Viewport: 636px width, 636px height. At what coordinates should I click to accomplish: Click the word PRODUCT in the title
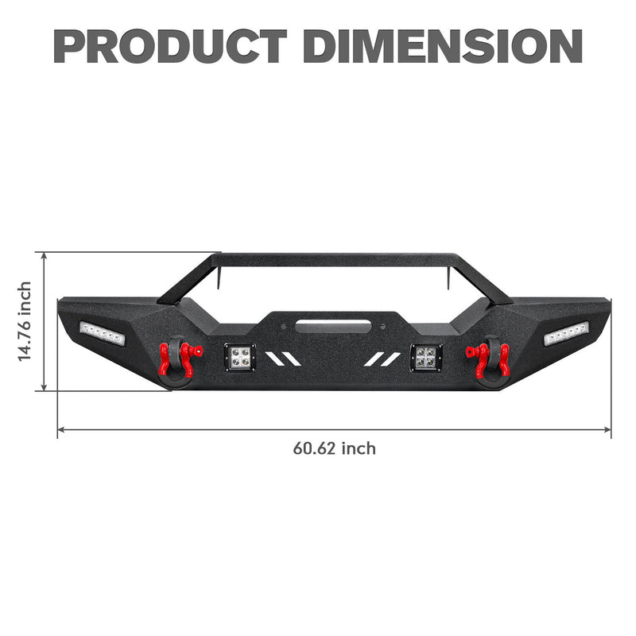click(170, 46)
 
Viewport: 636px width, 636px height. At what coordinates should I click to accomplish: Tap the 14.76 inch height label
click(25, 321)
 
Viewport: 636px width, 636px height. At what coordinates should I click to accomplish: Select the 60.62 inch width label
click(334, 448)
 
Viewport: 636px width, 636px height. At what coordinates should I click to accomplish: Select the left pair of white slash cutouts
click(284, 359)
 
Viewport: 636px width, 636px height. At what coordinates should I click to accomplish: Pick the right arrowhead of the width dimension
click(608, 430)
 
